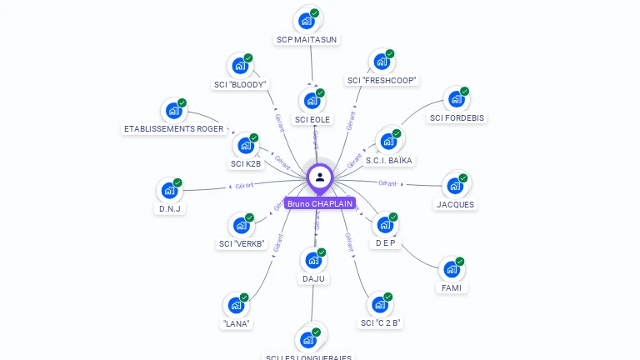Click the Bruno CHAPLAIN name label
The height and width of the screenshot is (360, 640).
tap(320, 203)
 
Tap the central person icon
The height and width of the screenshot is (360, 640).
tap(320, 177)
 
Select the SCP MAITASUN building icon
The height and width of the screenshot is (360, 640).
tap(307, 20)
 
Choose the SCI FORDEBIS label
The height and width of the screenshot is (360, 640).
tap(457, 117)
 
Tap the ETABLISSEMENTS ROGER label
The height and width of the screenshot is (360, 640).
tap(173, 129)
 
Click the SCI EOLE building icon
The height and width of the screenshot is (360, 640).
tap(312, 101)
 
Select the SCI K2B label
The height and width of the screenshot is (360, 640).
tap(246, 163)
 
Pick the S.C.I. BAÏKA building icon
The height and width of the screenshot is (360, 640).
tap(388, 141)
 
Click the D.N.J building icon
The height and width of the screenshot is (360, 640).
tap(170, 190)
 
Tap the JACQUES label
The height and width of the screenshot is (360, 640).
tap(456, 204)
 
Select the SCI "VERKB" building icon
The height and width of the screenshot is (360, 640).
tap(241, 225)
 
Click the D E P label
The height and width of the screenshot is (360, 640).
tap(385, 242)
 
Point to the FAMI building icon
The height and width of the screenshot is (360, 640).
tap(452, 269)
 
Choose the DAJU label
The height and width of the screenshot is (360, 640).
tap(314, 278)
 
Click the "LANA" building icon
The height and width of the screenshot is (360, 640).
tap(237, 305)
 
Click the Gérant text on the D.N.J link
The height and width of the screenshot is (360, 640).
tap(244, 185)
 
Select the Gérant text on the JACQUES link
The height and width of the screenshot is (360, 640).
tap(387, 182)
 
